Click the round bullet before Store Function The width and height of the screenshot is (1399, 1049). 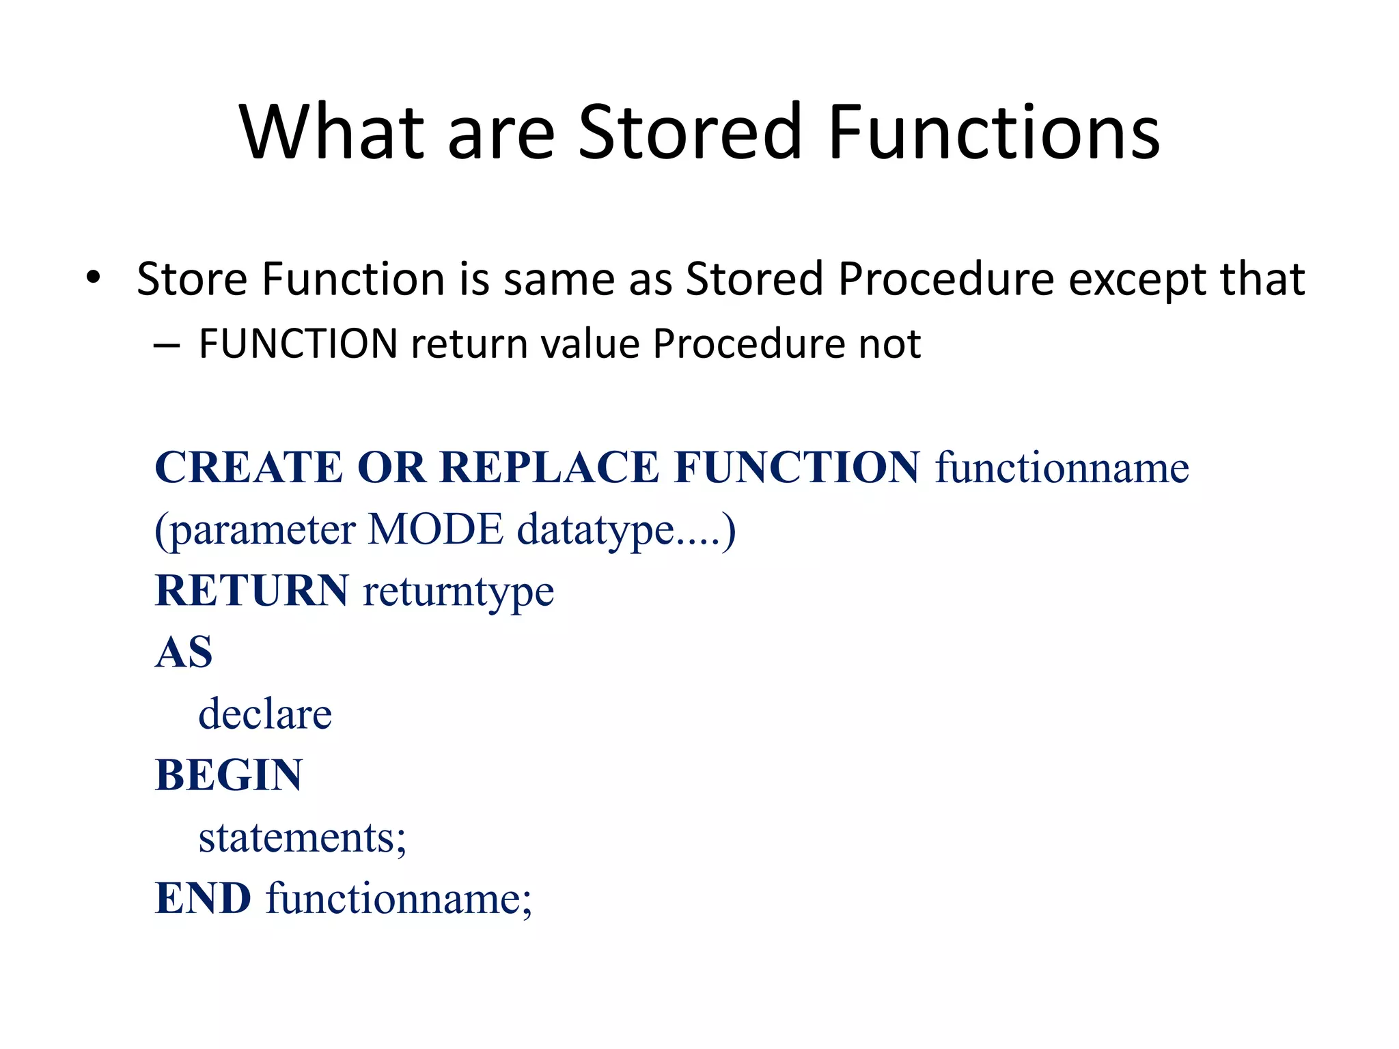tap(94, 278)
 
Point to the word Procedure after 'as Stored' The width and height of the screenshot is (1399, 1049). tap(946, 279)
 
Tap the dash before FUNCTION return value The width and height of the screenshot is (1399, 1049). tap(166, 345)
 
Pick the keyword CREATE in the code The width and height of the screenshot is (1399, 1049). tap(249, 468)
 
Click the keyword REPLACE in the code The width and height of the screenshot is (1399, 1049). tap(549, 468)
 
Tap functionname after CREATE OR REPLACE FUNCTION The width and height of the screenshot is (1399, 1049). tap(1062, 468)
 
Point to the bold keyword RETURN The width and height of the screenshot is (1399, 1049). tap(251, 591)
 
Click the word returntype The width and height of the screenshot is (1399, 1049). tap(458, 592)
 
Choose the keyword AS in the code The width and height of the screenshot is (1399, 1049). tap(184, 652)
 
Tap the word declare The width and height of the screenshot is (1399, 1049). tap(265, 714)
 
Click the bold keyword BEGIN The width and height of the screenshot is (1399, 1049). tap(228, 775)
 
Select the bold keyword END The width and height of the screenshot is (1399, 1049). tap(203, 898)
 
